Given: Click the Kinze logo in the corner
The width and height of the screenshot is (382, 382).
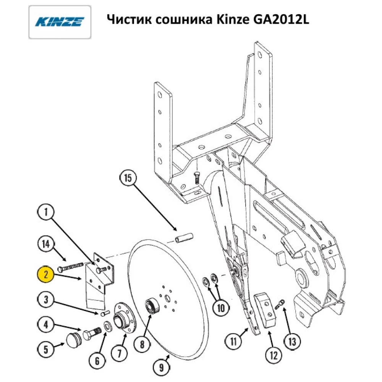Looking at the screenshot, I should (x=60, y=22).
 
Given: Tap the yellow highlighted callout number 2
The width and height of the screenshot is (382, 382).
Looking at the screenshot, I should (x=46, y=274).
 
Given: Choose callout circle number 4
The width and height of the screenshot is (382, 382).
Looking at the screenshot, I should (x=46, y=325).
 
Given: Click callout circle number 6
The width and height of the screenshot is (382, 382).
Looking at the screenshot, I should (x=97, y=360).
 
